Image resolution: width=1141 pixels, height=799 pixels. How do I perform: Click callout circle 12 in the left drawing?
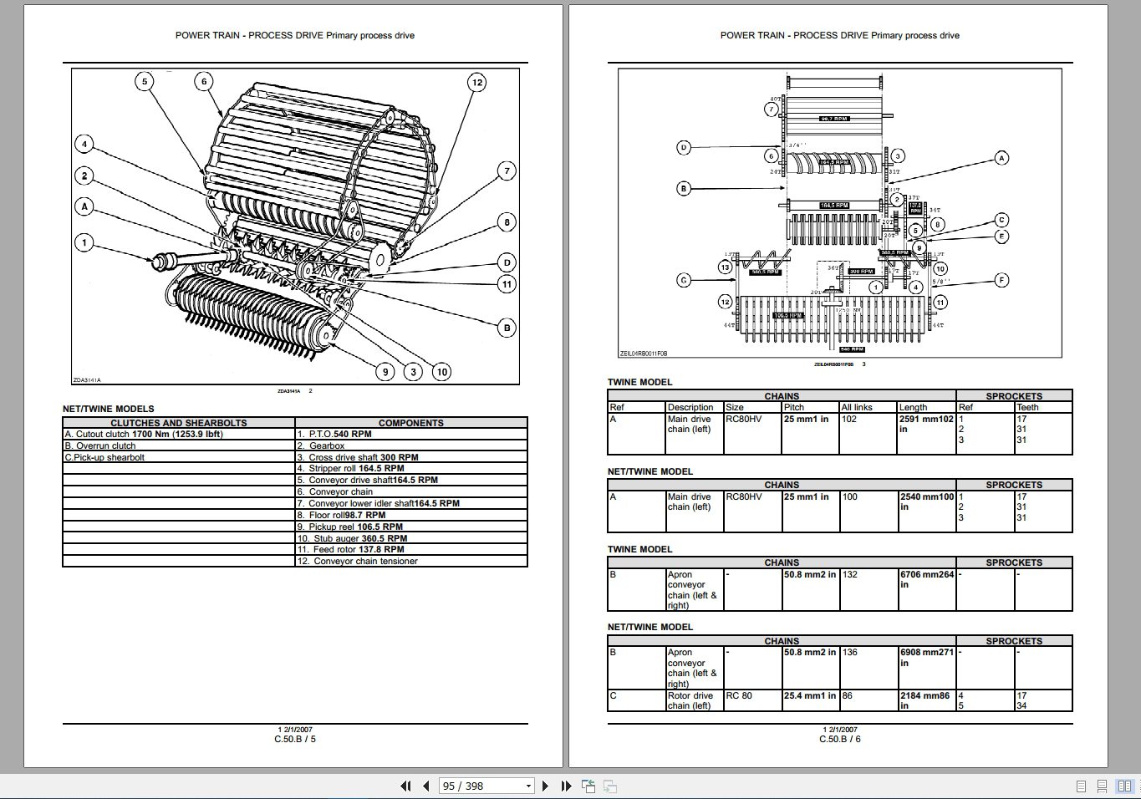(476, 82)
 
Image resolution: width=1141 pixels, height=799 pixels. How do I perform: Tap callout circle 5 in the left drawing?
(145, 81)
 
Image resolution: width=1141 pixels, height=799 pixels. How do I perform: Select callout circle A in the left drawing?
(84, 206)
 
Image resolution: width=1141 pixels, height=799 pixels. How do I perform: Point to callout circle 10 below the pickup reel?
(441, 372)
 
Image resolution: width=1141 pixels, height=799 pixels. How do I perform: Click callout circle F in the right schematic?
(1001, 280)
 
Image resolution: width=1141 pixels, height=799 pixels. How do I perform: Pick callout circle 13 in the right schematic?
(725, 267)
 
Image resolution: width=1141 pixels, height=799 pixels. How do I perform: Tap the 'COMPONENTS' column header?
(410, 423)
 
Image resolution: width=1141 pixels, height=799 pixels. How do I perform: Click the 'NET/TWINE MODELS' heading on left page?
(109, 409)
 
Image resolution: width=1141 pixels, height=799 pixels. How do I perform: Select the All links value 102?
(849, 419)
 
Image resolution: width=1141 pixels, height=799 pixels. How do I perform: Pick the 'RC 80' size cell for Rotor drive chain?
(739, 695)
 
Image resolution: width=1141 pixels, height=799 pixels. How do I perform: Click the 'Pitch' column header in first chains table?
(794, 407)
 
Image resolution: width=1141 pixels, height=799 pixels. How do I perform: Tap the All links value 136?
(849, 652)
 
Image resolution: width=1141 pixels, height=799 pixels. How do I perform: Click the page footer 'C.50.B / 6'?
(839, 739)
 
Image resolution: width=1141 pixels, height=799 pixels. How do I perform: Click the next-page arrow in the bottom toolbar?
(546, 786)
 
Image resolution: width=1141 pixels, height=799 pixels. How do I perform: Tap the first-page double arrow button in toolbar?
(406, 786)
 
